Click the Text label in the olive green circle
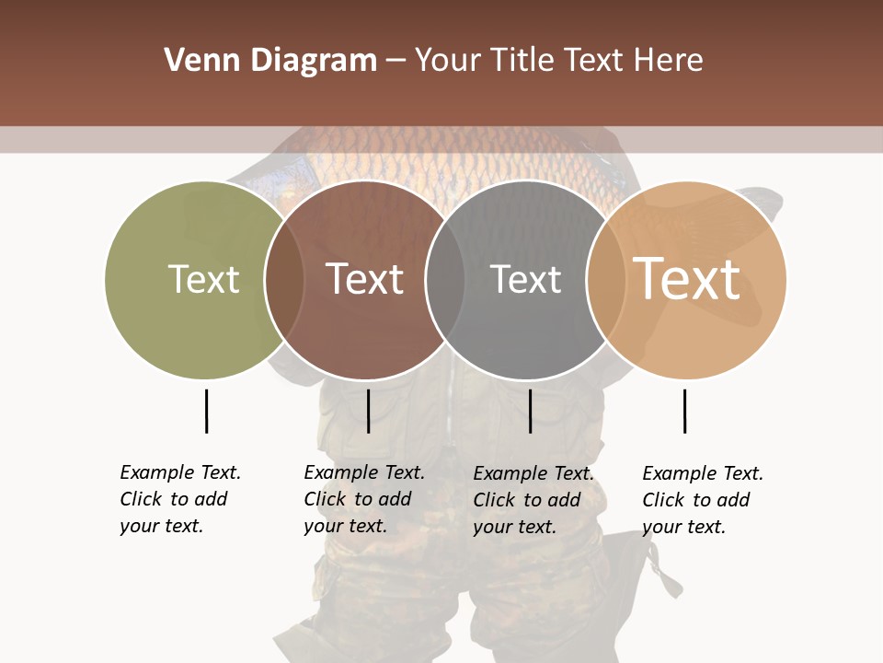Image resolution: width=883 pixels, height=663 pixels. [203, 279]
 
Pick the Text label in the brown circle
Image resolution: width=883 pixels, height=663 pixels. [364, 279]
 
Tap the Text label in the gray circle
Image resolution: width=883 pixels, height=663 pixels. [525, 279]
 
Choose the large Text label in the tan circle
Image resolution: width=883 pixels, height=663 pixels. [686, 279]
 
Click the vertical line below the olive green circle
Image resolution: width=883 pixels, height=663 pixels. [206, 411]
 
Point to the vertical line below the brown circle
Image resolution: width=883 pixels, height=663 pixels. [368, 411]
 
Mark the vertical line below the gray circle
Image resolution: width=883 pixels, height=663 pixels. [530, 411]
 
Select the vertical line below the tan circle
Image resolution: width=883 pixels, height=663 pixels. [684, 411]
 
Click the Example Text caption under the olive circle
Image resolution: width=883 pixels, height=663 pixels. [179, 499]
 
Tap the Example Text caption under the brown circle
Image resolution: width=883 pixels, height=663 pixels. [363, 499]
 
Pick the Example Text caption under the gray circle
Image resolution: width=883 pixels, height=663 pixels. [533, 500]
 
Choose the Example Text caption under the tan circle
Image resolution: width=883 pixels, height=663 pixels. [702, 500]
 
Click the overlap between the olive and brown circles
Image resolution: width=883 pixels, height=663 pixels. [284, 279]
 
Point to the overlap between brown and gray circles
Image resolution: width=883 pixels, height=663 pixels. [445, 279]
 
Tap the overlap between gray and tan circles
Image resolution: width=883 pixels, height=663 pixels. [606, 279]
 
